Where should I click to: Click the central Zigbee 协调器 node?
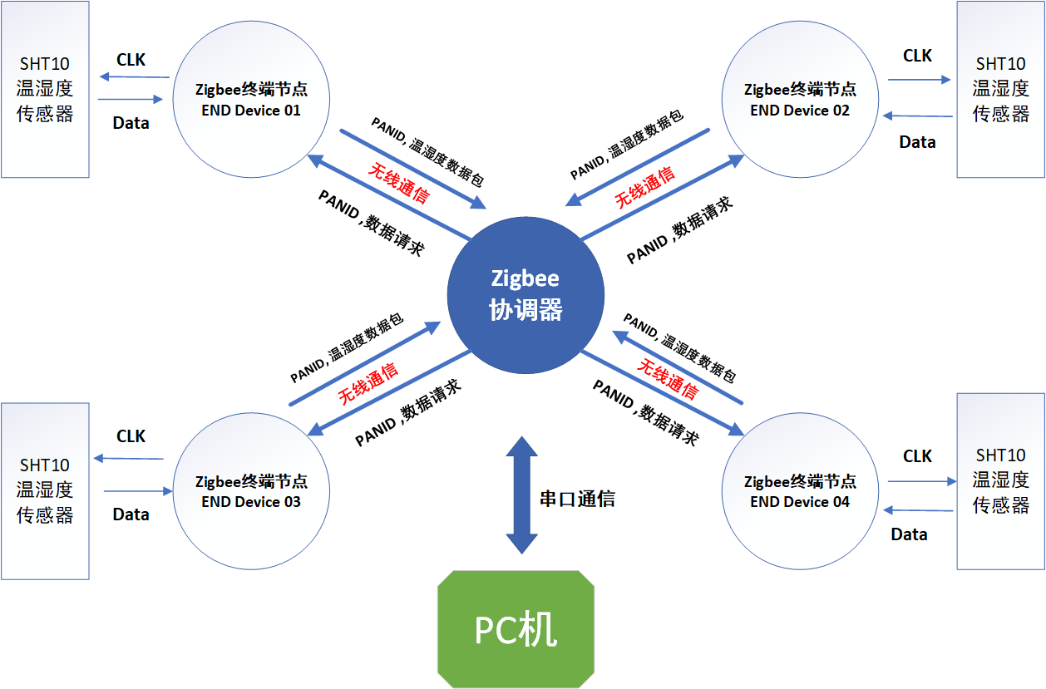(525, 294)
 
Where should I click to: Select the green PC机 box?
(516, 629)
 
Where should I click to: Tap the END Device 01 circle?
(248, 99)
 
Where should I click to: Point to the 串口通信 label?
(577, 499)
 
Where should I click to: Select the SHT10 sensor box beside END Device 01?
(45, 89)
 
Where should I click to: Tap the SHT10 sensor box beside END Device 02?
(1000, 89)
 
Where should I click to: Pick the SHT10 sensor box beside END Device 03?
(45, 490)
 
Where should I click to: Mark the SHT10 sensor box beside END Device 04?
(1000, 480)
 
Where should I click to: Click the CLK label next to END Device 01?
(131, 60)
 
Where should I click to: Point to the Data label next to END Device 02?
(917, 142)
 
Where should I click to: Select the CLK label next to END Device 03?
(131, 436)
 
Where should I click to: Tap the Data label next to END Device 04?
(909, 534)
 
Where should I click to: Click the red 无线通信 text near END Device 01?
(399, 183)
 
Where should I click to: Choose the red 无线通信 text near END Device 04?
(668, 378)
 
